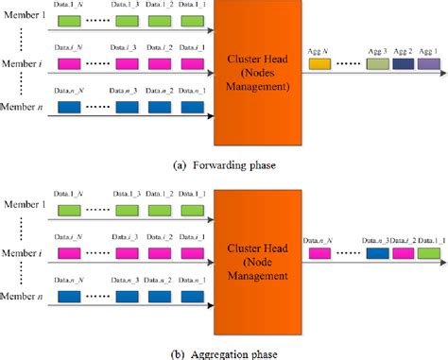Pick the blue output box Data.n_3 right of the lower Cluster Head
coord(377,254)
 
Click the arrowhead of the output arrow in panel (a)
coord(441,76)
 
